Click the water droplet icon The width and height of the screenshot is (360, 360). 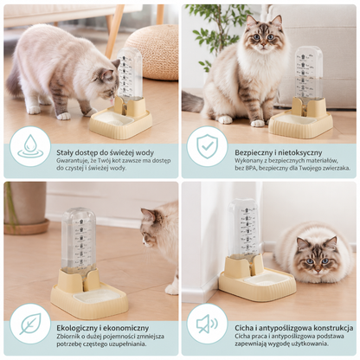pos(30,146)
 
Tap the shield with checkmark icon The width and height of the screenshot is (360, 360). pos(207,146)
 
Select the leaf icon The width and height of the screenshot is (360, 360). pos(30,324)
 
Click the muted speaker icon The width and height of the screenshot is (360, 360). pos(207,324)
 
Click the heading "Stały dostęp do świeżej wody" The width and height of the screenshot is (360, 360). pos(106,152)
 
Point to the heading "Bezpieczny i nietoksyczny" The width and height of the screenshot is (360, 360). pos(279,152)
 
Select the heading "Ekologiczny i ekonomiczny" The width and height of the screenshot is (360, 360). pos(103,328)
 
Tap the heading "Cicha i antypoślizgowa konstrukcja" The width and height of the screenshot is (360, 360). pos(294,328)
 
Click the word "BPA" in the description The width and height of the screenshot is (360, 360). pos(250,168)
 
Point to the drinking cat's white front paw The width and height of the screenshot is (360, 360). pos(63,116)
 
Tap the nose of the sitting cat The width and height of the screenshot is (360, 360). pos(263,42)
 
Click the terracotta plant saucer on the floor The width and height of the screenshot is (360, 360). pos(27,226)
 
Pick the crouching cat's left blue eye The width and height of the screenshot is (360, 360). pos(310,261)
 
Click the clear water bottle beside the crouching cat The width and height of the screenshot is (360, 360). pos(244,228)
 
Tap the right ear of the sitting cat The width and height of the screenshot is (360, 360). pos(277,21)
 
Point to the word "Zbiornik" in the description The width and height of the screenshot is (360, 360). pos(67,336)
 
